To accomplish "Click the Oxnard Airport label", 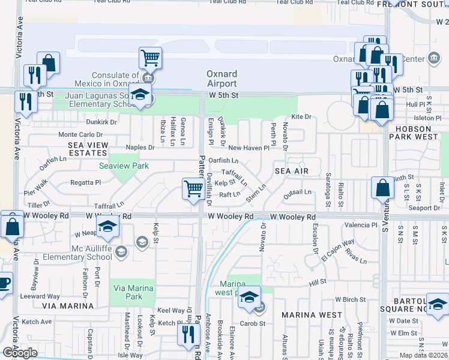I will [221, 79].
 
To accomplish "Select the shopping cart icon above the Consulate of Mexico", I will [149, 58].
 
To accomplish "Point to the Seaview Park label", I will [119, 165].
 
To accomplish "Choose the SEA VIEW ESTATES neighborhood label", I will [88, 149].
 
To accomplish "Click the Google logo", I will [20, 353].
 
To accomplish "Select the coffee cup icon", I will [4, 282].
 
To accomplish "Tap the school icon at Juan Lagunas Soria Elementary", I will [140, 96].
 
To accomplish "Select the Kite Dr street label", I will [301, 117].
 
